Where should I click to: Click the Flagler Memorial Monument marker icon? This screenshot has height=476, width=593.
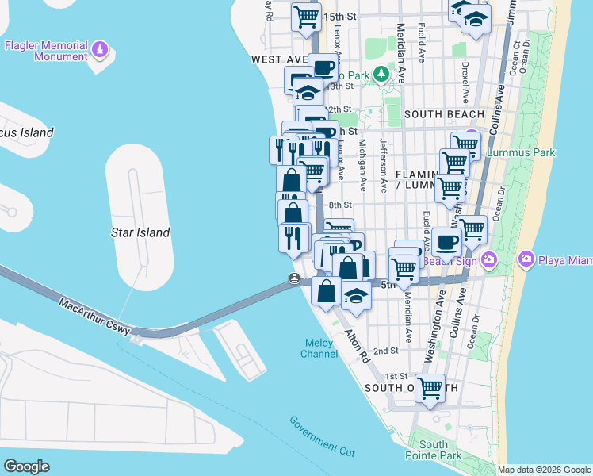[99, 51]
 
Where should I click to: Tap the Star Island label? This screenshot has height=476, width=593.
[140, 232]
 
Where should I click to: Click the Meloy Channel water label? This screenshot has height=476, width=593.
[319, 347]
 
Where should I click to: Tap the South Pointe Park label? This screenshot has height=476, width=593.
[434, 450]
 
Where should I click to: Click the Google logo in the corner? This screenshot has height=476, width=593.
[26, 466]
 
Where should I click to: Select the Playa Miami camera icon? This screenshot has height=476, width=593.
[526, 259]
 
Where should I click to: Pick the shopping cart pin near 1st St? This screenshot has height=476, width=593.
[430, 389]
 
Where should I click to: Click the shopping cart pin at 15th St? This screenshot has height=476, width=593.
[305, 16]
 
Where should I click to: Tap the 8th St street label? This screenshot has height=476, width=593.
[340, 204]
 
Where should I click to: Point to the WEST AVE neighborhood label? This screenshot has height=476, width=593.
[279, 59]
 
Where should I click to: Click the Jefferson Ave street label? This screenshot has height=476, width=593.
[384, 166]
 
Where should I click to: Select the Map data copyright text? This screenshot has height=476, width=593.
[544, 470]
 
